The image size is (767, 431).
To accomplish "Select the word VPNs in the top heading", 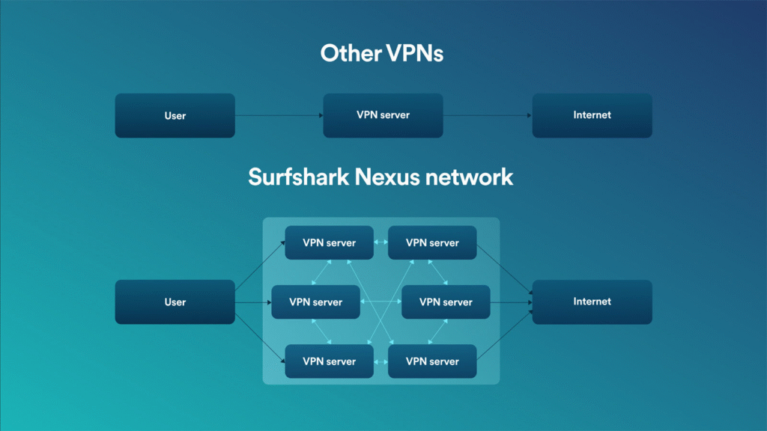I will tap(414, 53).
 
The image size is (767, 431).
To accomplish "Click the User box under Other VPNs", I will tap(175, 115).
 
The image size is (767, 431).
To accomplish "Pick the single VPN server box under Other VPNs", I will tap(383, 115).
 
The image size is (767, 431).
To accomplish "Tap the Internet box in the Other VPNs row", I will tap(592, 115).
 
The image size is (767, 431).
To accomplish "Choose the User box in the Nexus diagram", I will tap(175, 302).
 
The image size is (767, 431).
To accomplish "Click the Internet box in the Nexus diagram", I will tap(592, 302).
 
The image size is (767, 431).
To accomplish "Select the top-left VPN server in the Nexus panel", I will tap(329, 242).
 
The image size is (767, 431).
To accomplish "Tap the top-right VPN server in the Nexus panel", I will tap(432, 242).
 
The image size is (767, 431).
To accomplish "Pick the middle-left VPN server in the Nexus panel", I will tap(315, 302).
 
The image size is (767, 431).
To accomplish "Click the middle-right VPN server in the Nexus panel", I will tap(446, 302).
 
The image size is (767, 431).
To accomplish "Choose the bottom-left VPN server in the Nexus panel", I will tap(329, 361).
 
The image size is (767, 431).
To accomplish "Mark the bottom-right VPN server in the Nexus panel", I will tap(432, 361).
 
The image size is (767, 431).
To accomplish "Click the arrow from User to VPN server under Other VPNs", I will tap(279, 115).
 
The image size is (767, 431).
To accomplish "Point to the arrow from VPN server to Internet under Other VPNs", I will tap(487, 115).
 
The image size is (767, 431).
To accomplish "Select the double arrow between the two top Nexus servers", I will tap(381, 242).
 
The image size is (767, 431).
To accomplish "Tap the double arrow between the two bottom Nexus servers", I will tap(381, 361).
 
